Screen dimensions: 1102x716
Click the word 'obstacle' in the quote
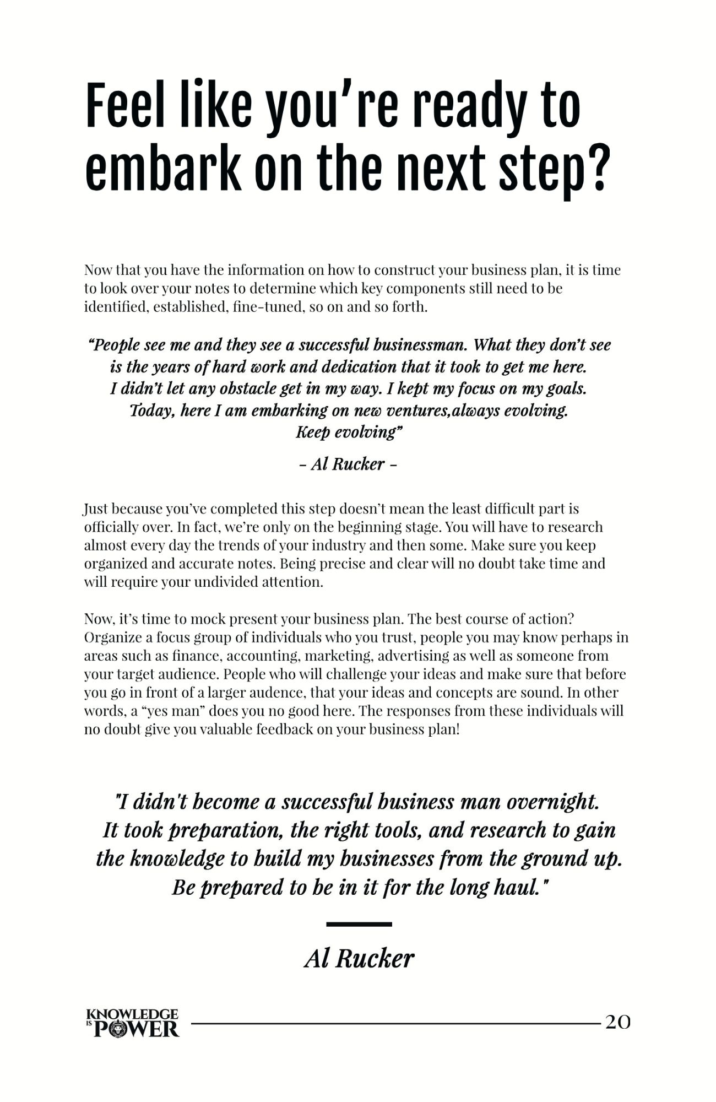point(248,388)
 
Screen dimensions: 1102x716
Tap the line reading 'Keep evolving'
point(349,432)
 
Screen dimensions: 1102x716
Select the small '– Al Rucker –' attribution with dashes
point(348,464)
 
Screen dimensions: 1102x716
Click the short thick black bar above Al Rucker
point(359,924)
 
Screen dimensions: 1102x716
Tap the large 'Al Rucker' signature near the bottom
point(359,959)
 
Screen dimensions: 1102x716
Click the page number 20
point(618,1022)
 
